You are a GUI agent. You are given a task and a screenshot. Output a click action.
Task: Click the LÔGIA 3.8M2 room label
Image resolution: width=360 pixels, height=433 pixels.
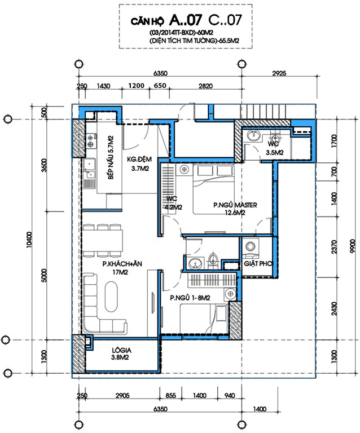pyautogui.click(x=121, y=354)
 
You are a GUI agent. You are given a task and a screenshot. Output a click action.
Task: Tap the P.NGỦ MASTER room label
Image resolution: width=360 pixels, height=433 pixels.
pyautogui.click(x=235, y=209)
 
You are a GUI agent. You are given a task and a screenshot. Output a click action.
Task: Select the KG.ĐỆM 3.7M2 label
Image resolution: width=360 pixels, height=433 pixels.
pyautogui.click(x=139, y=164)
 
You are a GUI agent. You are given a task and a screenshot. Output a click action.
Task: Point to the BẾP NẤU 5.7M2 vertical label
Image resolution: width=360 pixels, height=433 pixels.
pyautogui.click(x=111, y=157)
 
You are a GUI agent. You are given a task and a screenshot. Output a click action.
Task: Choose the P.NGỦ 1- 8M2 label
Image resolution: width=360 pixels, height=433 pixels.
pyautogui.click(x=190, y=298)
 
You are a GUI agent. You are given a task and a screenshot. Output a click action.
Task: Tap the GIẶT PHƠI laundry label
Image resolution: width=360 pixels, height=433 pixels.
pyautogui.click(x=258, y=263)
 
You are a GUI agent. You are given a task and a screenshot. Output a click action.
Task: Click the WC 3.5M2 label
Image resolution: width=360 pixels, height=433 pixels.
pyautogui.click(x=274, y=148)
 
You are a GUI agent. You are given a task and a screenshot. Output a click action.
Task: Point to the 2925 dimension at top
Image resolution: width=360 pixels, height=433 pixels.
pyautogui.click(x=279, y=73)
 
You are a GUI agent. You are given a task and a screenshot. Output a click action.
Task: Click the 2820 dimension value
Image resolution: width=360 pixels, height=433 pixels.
pyautogui.click(x=205, y=86)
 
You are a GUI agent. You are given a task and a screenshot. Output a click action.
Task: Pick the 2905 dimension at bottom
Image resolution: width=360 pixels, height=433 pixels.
pyautogui.click(x=122, y=395)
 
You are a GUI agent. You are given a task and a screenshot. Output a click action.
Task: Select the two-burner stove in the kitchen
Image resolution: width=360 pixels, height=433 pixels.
pyautogui.click(x=91, y=140)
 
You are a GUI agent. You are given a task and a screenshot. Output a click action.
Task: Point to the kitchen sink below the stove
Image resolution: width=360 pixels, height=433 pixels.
pyautogui.click(x=90, y=169)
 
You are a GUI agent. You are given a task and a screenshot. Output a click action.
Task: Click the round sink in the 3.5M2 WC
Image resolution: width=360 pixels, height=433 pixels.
pyautogui.click(x=253, y=135)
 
